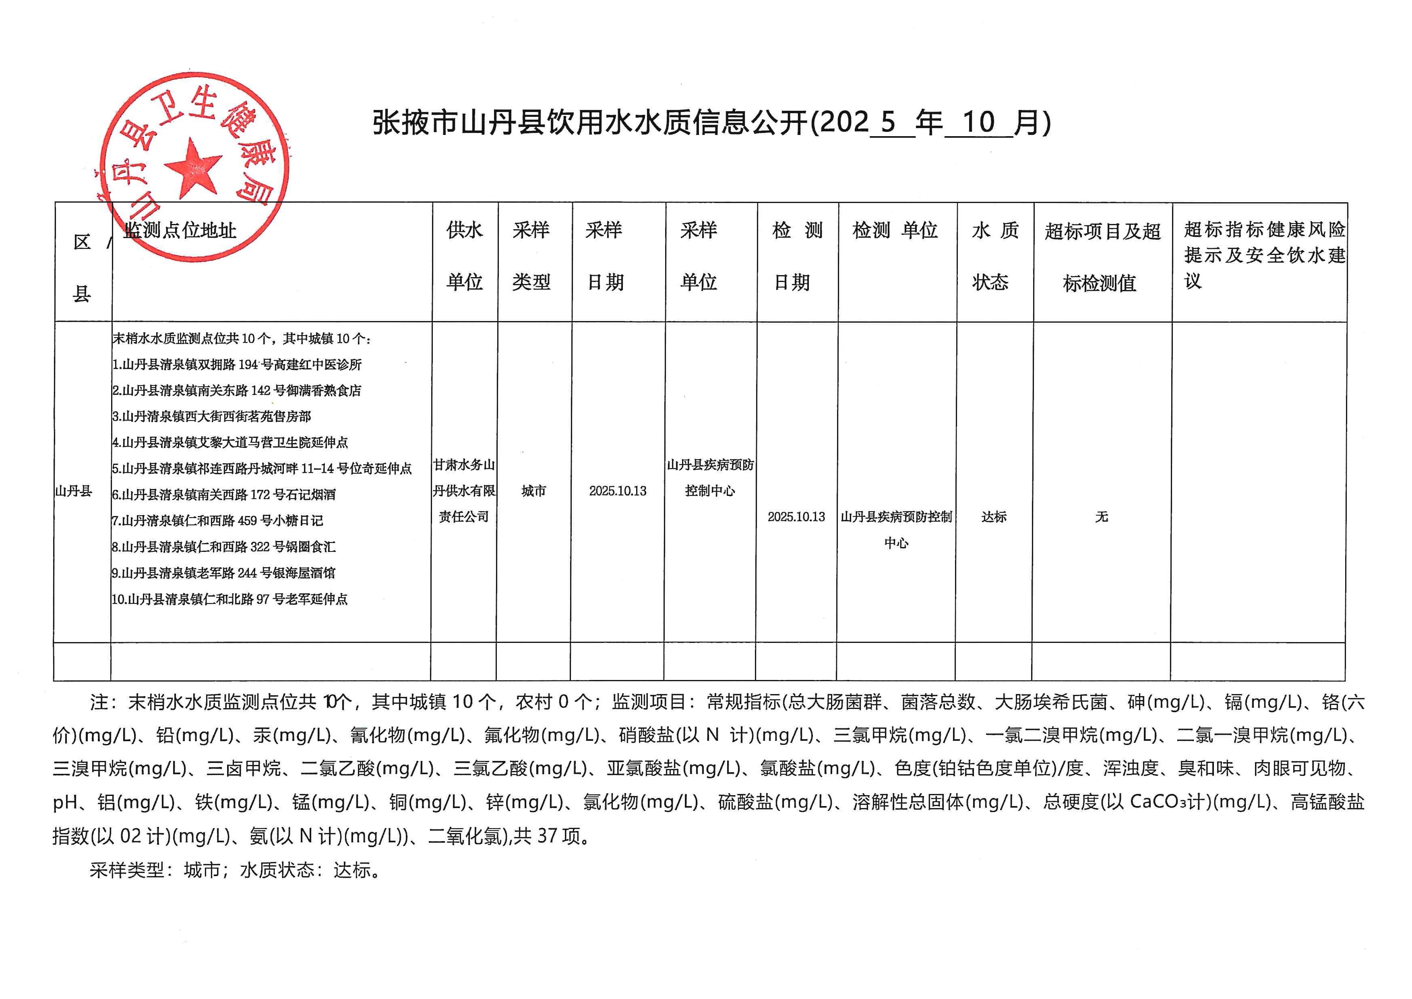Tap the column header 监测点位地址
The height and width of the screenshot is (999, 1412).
click(x=180, y=231)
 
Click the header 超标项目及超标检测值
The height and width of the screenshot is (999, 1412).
click(x=1102, y=257)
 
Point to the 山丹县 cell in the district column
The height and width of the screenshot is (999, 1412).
click(x=74, y=491)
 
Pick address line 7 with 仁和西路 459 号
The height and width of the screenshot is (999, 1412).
click(x=217, y=521)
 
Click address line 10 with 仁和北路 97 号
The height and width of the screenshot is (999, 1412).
click(x=229, y=599)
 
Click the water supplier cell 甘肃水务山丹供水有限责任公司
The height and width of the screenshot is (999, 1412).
click(x=464, y=491)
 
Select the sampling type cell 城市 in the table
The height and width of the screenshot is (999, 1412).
click(x=533, y=491)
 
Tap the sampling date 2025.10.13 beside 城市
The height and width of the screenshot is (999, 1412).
click(x=618, y=491)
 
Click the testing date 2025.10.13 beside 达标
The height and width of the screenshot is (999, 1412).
click(x=796, y=517)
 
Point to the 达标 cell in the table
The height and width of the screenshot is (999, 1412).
click(x=994, y=517)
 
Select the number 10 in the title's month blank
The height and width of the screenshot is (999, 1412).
click(x=978, y=122)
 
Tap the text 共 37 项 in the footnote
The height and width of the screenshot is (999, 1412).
click(x=547, y=836)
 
